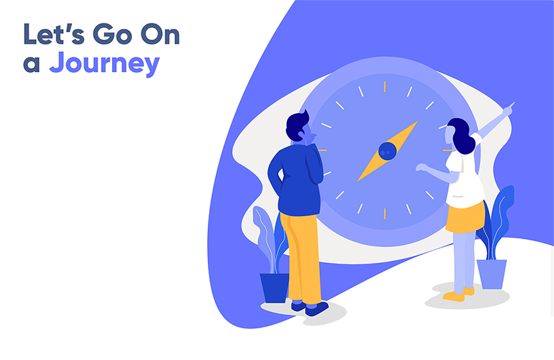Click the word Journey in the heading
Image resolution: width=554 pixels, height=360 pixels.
[x=104, y=64]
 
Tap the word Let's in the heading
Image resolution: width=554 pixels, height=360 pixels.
[x=53, y=35]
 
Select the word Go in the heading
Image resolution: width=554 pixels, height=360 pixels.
[x=113, y=35]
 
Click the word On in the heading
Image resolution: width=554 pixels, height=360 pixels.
[x=160, y=35]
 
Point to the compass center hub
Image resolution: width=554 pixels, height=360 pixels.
[x=387, y=151]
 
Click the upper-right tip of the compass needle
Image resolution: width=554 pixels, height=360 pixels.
[x=419, y=120]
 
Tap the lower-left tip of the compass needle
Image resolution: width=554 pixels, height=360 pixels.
[x=357, y=182]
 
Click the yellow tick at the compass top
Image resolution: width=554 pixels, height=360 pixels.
[x=385, y=87]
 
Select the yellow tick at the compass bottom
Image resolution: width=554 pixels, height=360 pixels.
[x=385, y=213]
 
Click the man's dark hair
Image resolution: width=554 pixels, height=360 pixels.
[x=296, y=125]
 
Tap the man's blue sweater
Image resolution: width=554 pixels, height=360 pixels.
[x=297, y=178]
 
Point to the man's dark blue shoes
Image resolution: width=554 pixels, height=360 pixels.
[x=311, y=308]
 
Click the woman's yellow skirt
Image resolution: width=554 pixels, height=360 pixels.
[x=465, y=218]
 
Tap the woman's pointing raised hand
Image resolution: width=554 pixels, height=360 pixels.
[x=509, y=109]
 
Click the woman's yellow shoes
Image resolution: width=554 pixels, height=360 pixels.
[x=458, y=294]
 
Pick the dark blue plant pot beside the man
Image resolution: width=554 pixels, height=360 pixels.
[x=275, y=288]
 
